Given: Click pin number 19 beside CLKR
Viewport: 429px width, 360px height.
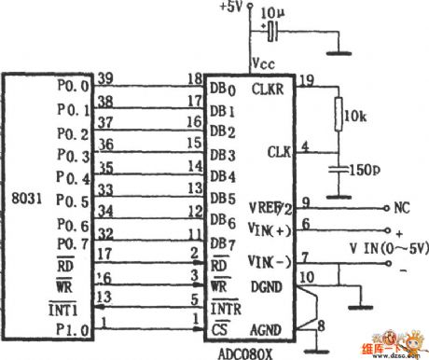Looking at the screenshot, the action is tap(306, 80).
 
